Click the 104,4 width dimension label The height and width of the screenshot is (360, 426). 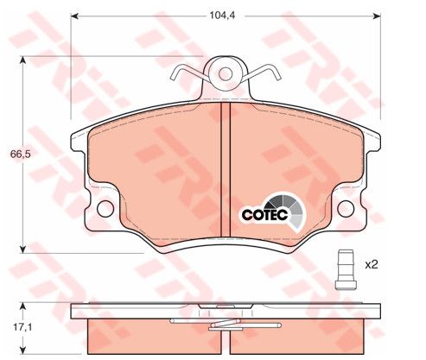coord(222,16)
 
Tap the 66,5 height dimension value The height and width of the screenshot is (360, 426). coord(21,155)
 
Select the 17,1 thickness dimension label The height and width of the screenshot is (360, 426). coord(23,327)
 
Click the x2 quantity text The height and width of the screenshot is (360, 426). coord(371,264)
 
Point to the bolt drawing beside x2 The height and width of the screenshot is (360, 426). coord(346,269)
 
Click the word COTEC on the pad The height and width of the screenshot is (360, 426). coord(264,215)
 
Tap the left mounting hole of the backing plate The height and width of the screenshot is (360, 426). coord(105,209)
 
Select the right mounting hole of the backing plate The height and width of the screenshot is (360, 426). coord(346,209)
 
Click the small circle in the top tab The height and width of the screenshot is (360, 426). coord(226,74)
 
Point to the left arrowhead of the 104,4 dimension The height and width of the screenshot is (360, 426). coord(74,16)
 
